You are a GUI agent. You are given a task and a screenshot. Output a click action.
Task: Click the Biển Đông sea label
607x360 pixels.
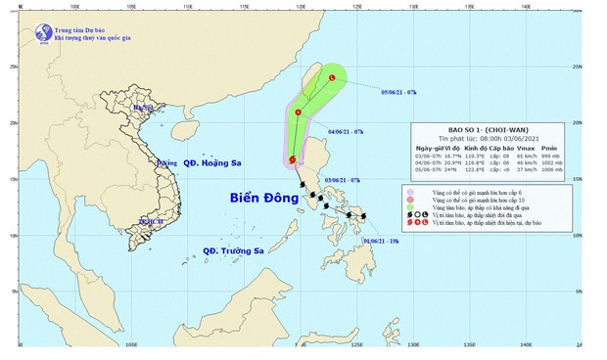(x=263, y=198)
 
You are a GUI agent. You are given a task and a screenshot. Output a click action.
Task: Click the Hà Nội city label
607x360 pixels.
(x=145, y=108)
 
